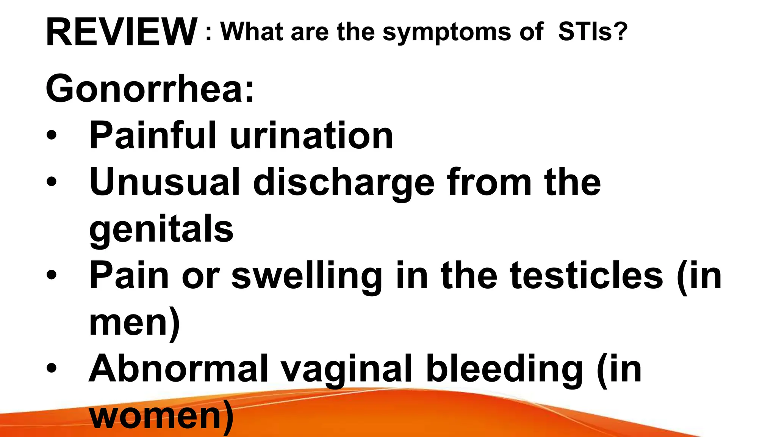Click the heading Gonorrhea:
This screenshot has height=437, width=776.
coord(150,89)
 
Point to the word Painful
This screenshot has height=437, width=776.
coord(153,135)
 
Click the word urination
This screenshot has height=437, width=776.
coord(311,136)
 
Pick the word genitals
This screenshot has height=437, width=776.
coord(161,230)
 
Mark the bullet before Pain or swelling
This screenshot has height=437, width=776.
coord(52,275)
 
